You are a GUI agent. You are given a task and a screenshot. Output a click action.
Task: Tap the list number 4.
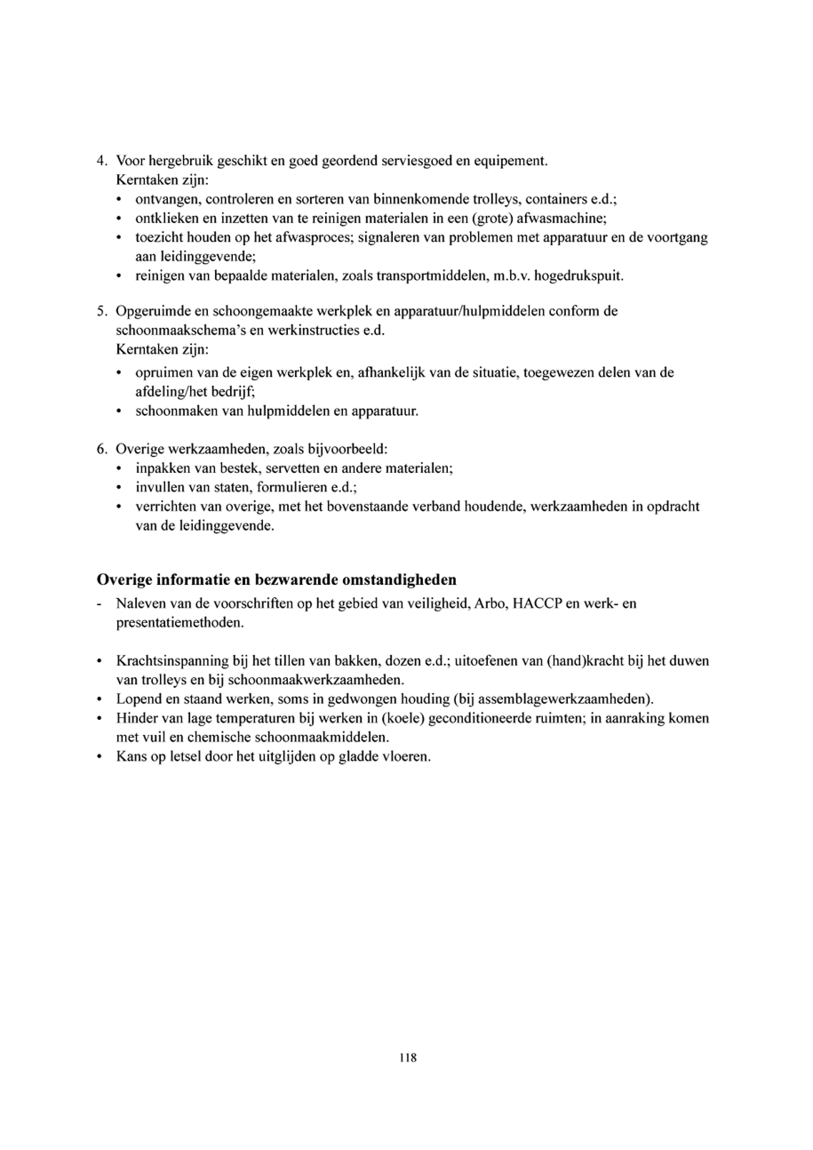[102, 161]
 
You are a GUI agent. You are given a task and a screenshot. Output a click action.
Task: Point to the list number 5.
[102, 311]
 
